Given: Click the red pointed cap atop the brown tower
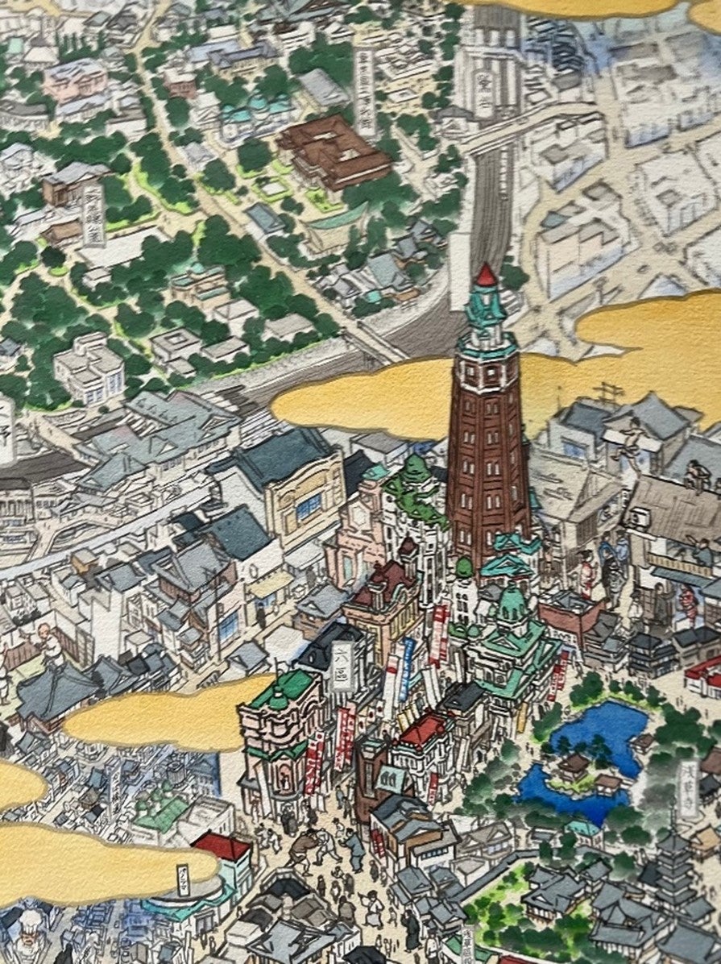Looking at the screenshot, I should click(x=486, y=276).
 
